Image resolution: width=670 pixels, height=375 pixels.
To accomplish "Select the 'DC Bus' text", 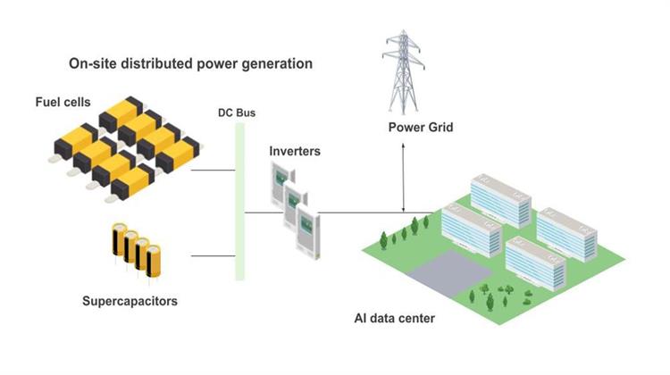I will [237, 113].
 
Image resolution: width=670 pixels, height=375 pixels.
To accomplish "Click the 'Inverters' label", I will [295, 151].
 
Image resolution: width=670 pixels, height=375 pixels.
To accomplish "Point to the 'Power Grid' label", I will [420, 128].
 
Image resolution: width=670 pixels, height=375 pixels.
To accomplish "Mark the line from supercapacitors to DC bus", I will [212, 255].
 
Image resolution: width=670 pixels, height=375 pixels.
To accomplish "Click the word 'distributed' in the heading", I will [157, 64].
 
